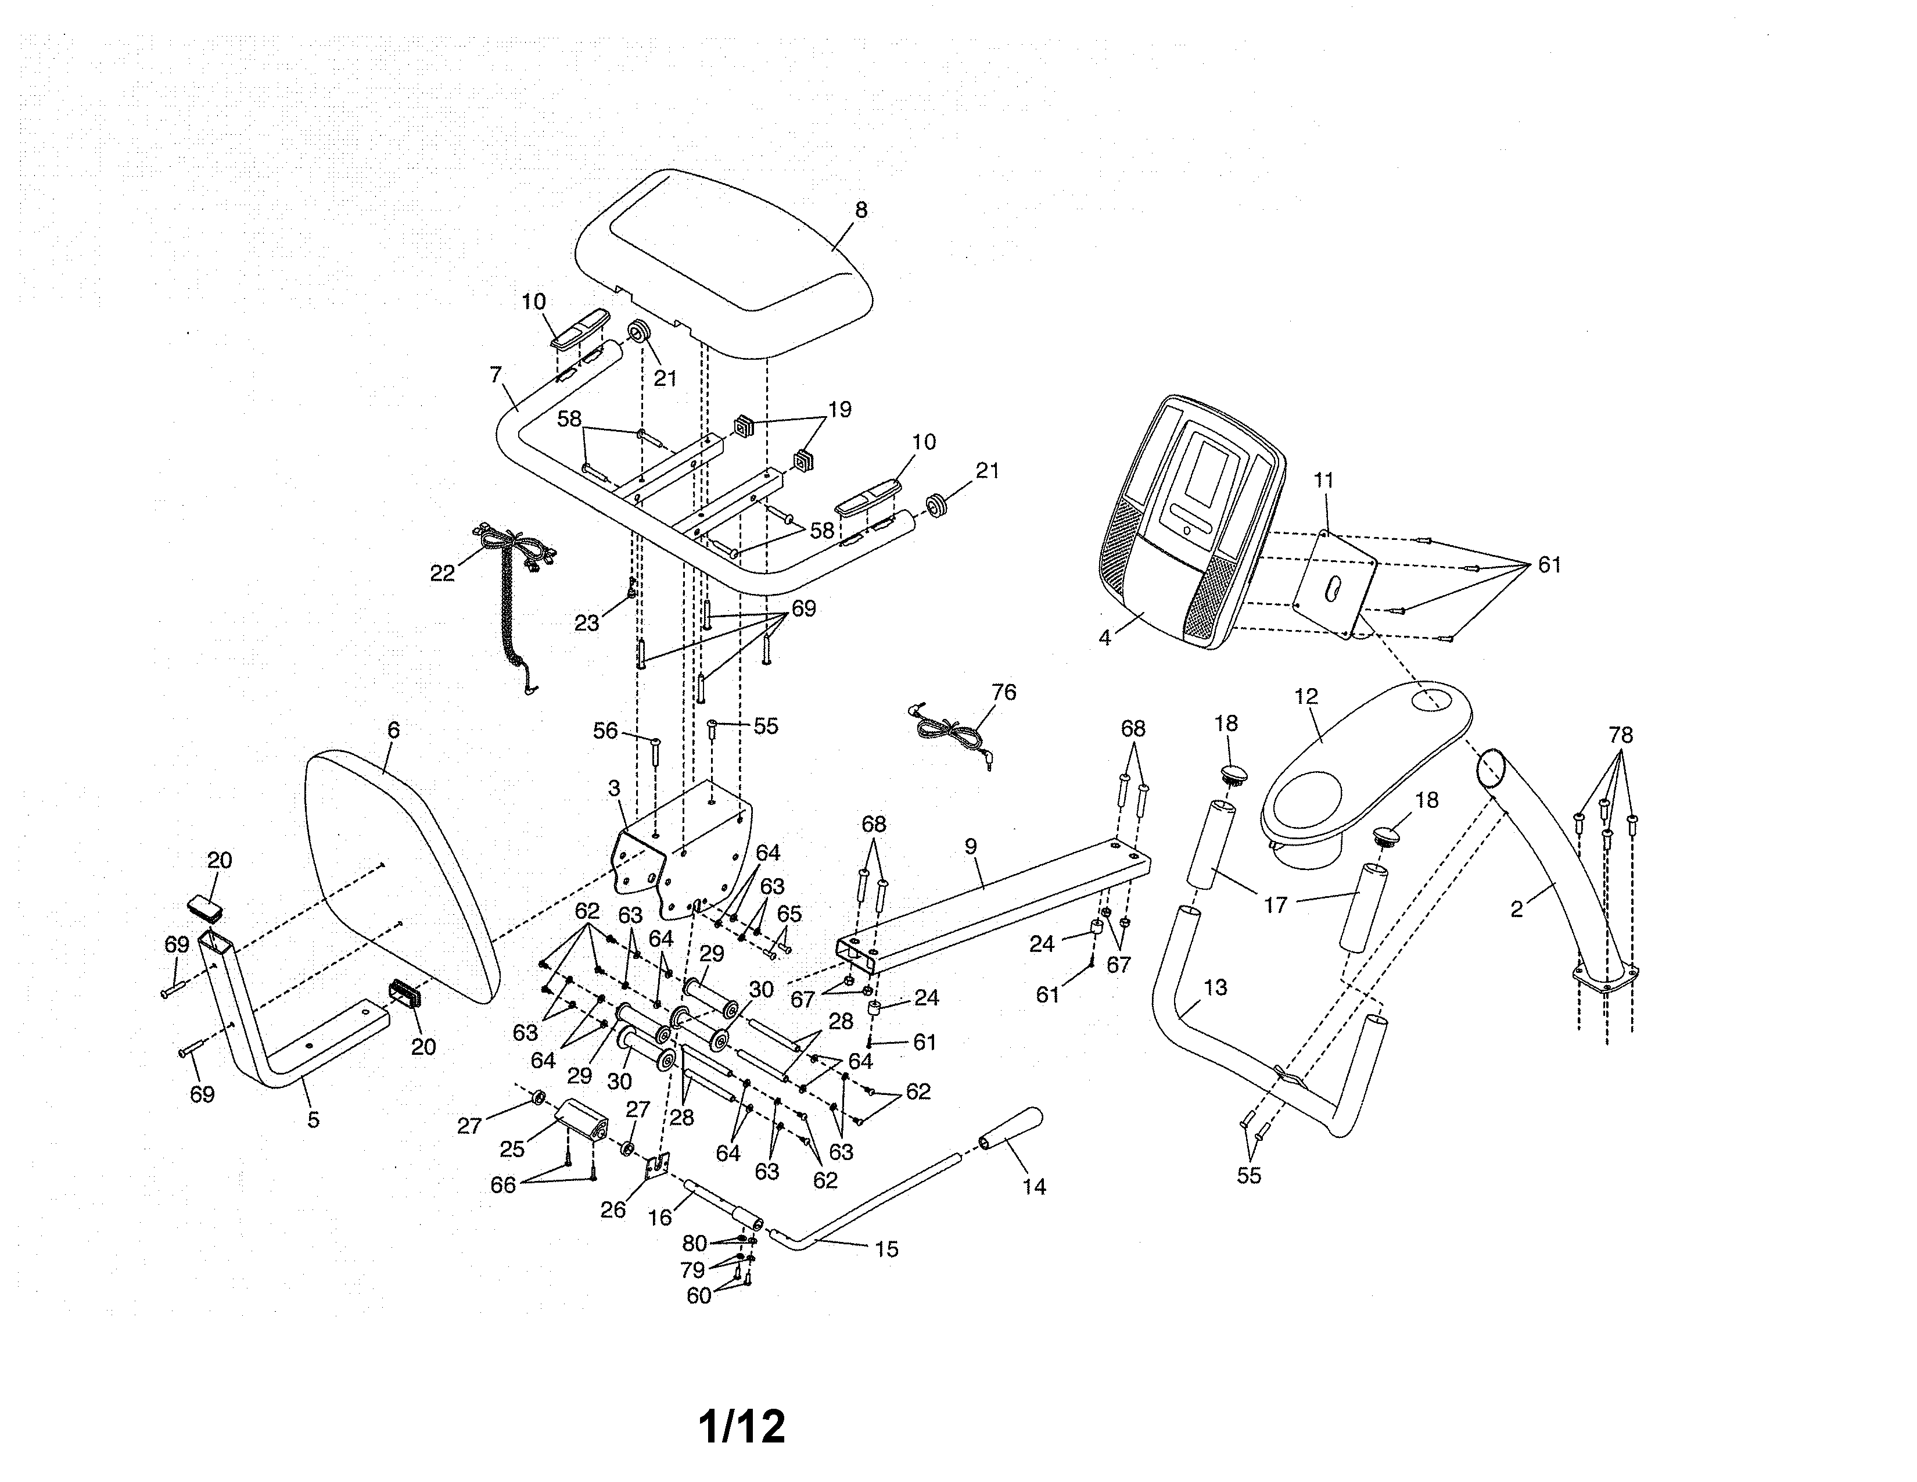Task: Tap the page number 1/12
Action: tap(742, 1427)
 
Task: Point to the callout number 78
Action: tap(1620, 734)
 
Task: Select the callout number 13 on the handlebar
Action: tap(1214, 987)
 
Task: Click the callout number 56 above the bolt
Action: tap(606, 731)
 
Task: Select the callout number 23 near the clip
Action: tap(586, 624)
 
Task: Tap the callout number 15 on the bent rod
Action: tap(886, 1248)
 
